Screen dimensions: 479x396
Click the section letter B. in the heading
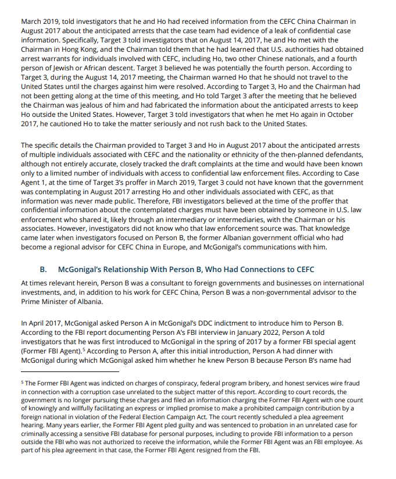44,269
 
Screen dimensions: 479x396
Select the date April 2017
45,322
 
